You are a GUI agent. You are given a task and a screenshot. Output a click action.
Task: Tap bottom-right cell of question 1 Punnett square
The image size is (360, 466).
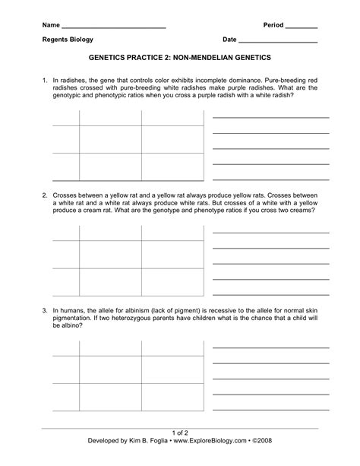(172, 167)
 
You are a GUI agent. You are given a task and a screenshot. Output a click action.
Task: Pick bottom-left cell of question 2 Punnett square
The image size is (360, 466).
(110, 282)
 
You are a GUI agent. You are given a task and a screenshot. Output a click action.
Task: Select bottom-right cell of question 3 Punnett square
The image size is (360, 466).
(172, 398)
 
